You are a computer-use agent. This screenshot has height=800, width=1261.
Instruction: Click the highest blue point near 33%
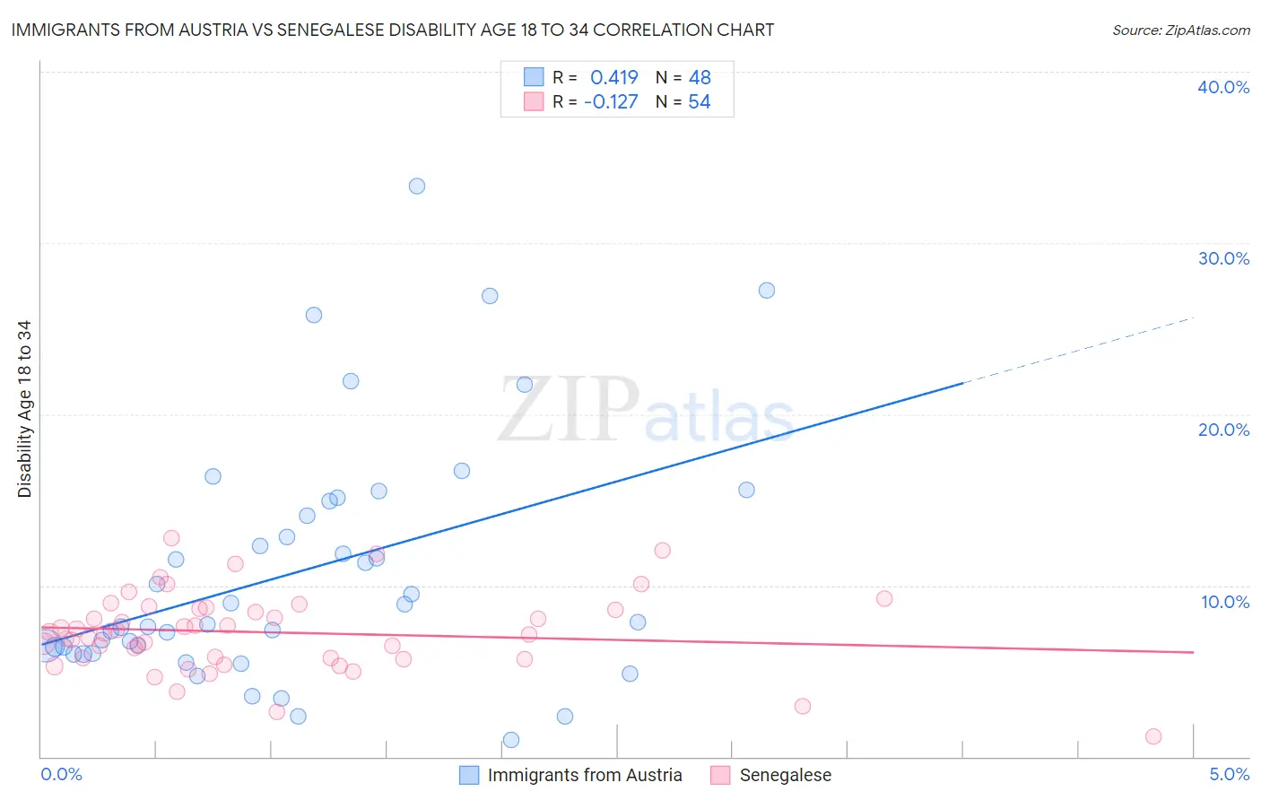tap(417, 187)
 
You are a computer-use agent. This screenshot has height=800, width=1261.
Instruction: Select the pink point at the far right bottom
tap(1153, 736)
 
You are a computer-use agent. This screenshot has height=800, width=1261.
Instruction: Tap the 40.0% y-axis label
tap(1223, 87)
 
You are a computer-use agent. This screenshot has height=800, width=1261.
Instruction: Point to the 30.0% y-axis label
tap(1223, 258)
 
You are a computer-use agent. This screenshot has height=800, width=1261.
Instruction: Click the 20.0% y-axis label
tap(1223, 430)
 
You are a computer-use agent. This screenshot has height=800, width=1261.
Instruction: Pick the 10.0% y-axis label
tap(1225, 602)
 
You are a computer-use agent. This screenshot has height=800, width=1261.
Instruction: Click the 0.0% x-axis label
tap(61, 774)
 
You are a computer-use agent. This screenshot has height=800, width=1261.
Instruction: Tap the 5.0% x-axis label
tap(1229, 774)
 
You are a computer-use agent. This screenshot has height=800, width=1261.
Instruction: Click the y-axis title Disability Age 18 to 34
tap(24, 409)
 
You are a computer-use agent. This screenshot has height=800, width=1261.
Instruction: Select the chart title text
tap(392, 30)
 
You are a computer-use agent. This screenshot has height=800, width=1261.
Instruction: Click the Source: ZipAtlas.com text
tap(1180, 30)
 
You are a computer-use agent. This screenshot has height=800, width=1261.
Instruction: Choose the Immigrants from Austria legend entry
tap(584, 775)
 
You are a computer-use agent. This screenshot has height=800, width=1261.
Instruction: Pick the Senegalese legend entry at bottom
tap(785, 775)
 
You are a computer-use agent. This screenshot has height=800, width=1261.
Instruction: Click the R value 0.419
tap(613, 78)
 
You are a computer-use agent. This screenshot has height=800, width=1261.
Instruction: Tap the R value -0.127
tap(611, 102)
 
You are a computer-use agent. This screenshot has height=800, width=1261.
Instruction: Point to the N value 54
tap(700, 102)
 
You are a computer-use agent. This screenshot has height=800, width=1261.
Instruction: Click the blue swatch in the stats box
tap(534, 77)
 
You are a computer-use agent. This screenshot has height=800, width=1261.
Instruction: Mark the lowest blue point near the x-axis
tap(511, 740)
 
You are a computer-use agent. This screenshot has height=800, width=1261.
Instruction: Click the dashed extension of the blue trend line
tap(1076, 349)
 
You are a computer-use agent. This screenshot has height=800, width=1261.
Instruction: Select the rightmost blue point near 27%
tap(767, 291)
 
